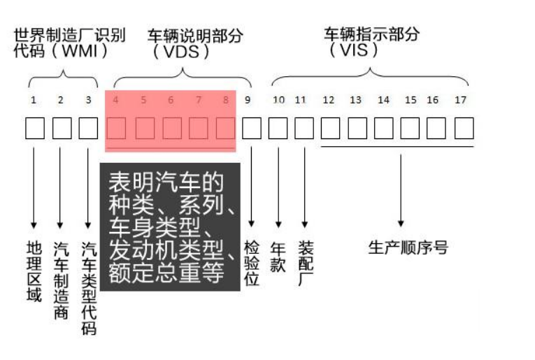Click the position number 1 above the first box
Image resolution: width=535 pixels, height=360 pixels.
pos(33,100)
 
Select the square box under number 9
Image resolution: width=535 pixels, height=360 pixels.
pos(252,128)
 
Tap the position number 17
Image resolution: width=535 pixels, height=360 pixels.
pos(460,100)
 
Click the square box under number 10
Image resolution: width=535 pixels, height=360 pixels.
pos(278,128)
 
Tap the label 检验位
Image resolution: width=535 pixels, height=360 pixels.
pos(252,264)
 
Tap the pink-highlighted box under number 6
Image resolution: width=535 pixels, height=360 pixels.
pos(171,129)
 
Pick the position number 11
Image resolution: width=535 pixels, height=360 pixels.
pos(301,100)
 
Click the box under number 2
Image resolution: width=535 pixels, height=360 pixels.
pos(62,128)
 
